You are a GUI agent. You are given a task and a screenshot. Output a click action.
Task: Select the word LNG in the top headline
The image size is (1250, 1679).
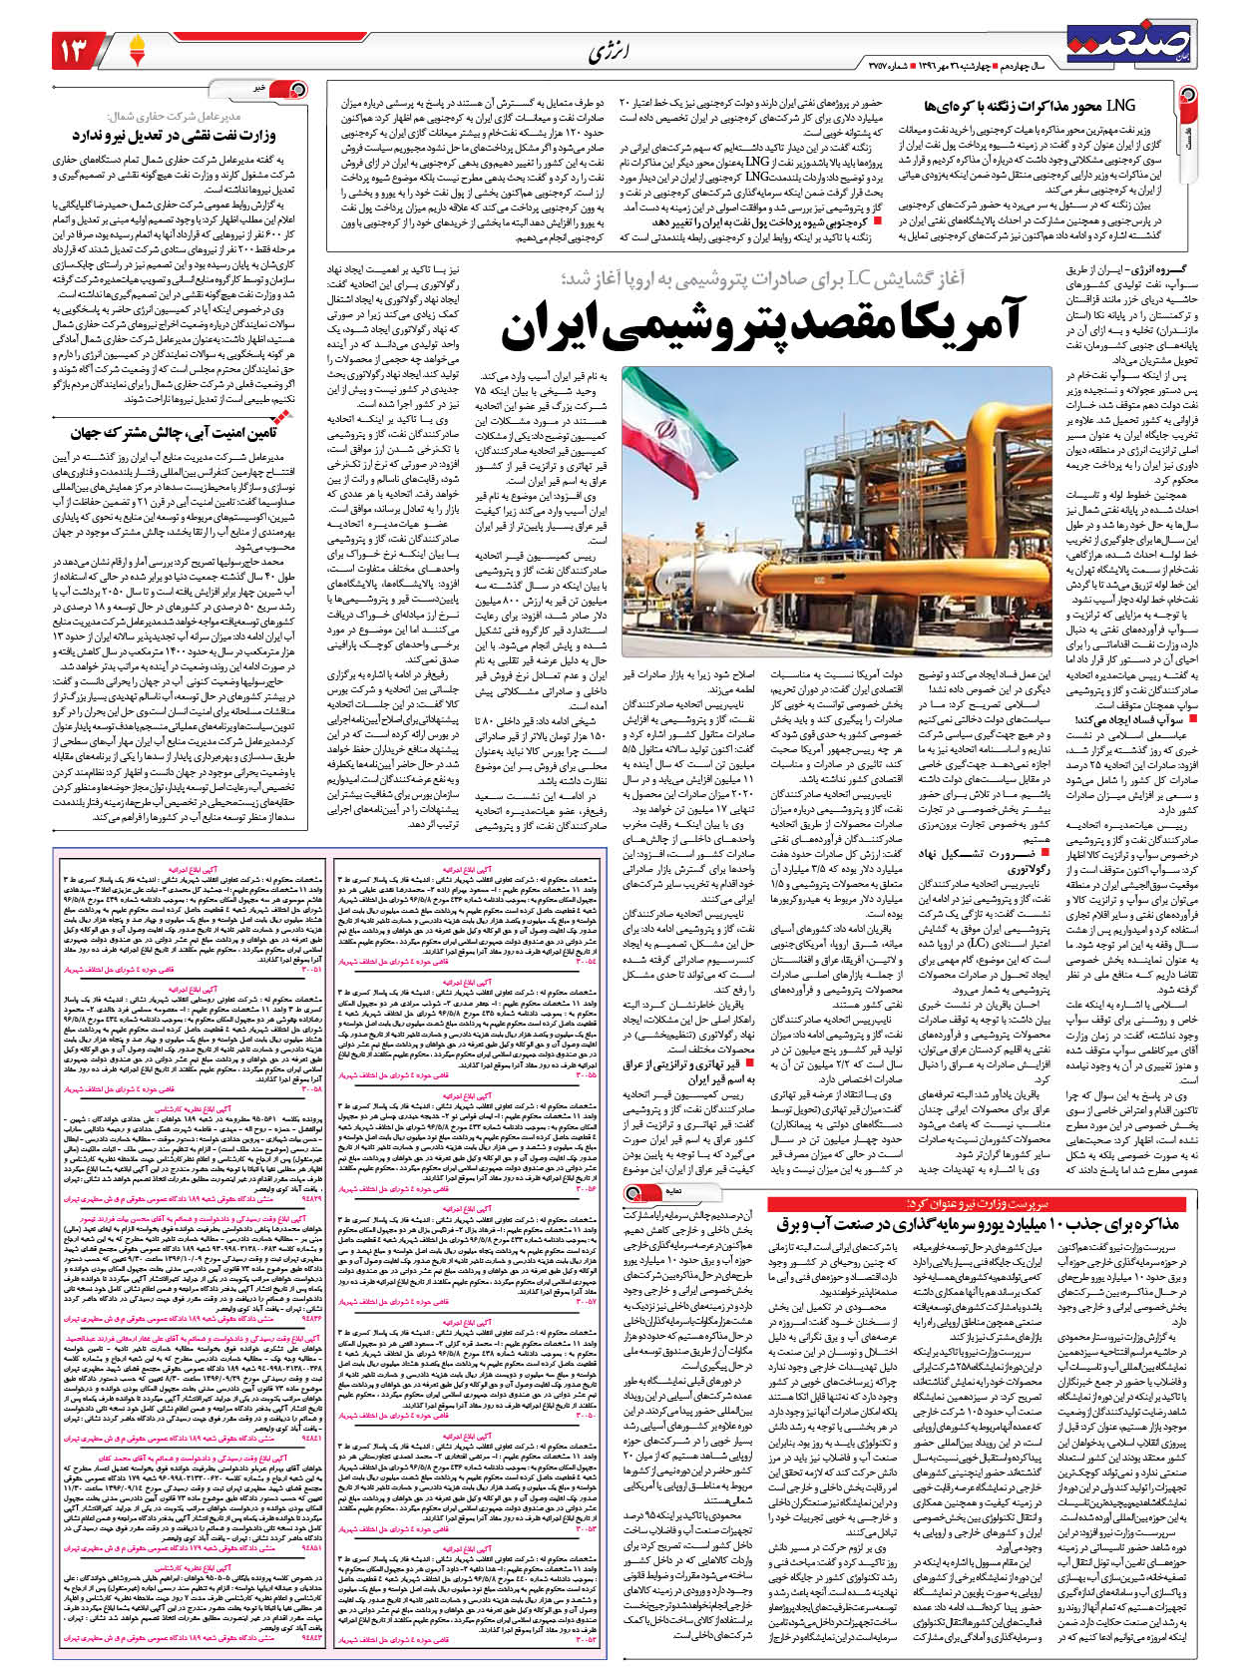click(x=1123, y=104)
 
